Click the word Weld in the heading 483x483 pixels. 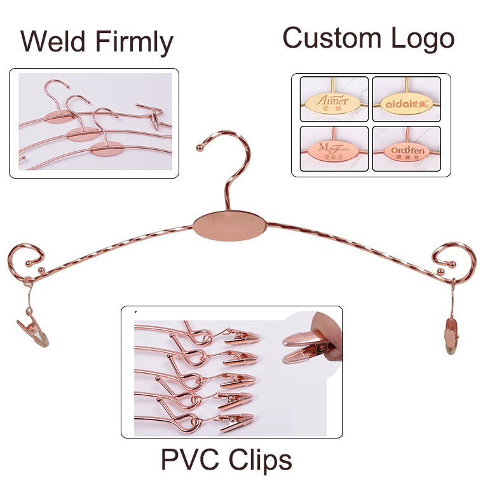pos(54,42)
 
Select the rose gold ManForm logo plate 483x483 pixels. pos(334,151)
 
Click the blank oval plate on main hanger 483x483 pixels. pos(230,226)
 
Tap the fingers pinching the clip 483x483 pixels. pos(331,337)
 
